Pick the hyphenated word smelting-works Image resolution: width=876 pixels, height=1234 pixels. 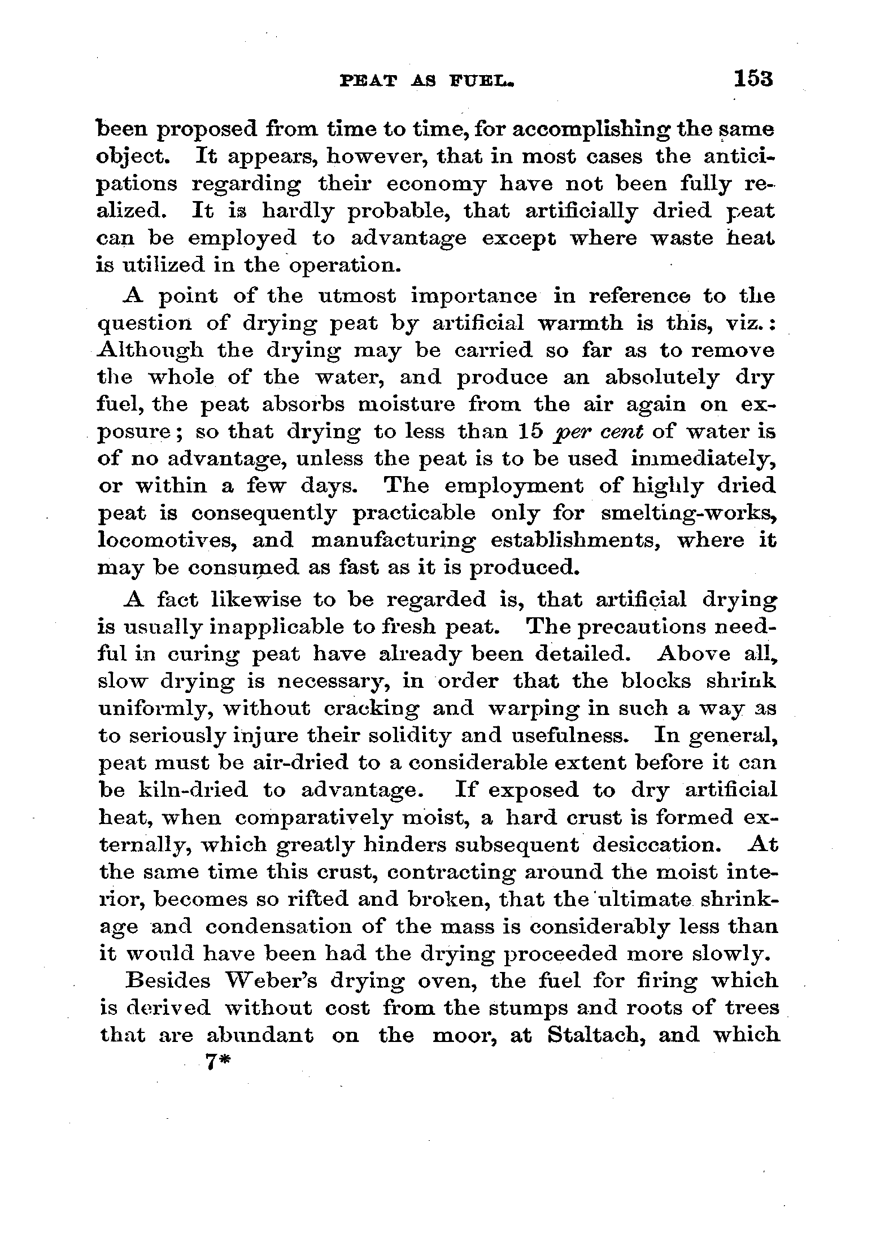[x=687, y=513]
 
